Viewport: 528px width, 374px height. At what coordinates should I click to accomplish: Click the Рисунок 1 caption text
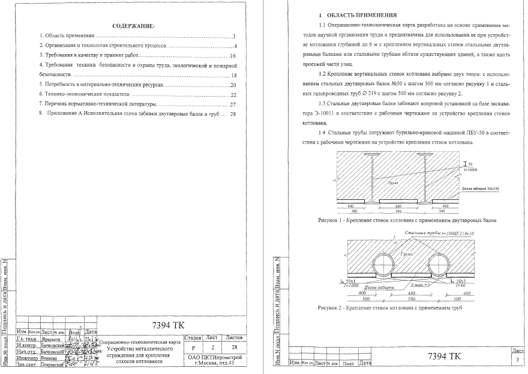(x=407, y=221)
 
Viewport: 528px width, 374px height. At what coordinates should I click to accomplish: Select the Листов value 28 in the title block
(x=233, y=348)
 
